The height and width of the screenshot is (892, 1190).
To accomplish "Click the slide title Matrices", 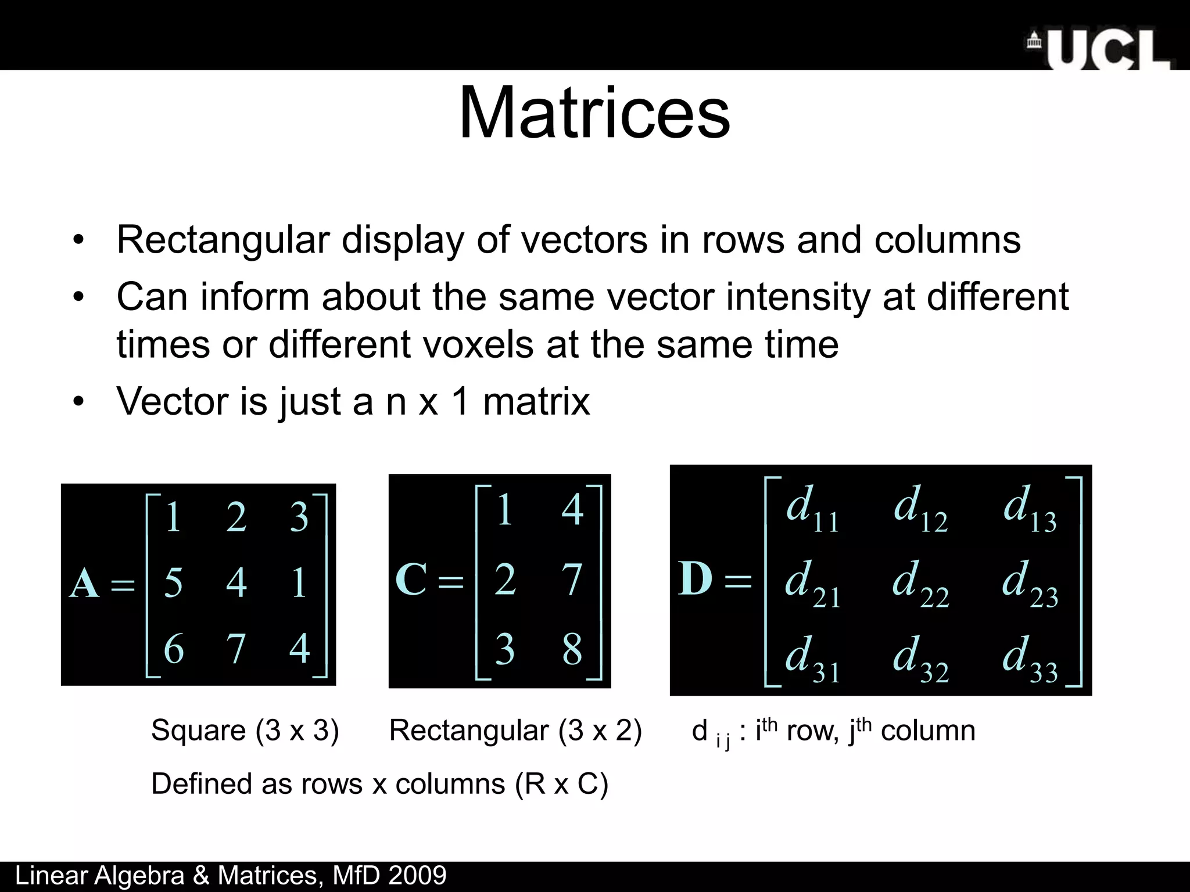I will coord(594,113).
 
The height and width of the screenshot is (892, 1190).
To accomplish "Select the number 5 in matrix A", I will coord(173,583).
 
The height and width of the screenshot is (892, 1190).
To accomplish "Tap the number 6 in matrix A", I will coord(174,649).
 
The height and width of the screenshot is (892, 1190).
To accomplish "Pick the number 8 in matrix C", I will coord(572,649).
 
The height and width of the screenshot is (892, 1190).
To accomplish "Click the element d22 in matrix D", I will coord(920,583).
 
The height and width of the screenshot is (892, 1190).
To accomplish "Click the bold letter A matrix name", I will coord(84,583).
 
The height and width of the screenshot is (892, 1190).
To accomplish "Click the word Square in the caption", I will coord(198,730).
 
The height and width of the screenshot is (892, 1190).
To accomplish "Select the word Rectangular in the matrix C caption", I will coord(468,730).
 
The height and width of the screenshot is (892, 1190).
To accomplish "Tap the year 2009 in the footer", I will coord(417,876).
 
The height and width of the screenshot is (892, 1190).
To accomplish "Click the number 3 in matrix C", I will coord(504,649).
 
